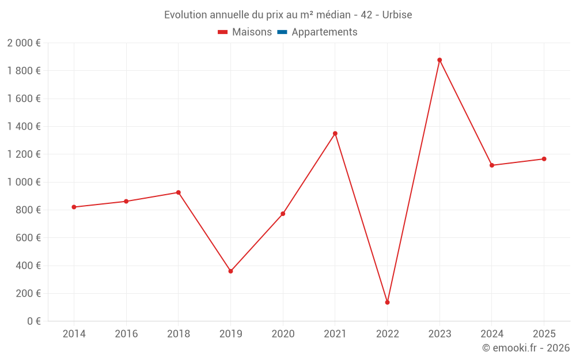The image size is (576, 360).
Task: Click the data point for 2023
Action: pos(439,60)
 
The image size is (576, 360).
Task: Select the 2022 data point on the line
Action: pos(387,302)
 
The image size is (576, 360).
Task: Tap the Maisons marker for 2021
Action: pos(335,134)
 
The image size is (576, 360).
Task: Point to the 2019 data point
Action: pos(230,271)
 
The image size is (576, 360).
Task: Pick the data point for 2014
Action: pos(74,207)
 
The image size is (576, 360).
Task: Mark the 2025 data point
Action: pos(544,159)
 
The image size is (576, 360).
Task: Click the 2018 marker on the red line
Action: pos(179,192)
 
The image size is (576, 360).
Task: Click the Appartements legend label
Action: pos(324,32)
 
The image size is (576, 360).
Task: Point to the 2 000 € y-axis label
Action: pos(24,43)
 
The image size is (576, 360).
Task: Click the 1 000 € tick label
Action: pos(24,182)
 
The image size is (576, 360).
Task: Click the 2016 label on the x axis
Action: pos(126,334)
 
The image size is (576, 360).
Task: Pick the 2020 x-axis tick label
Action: pos(283,334)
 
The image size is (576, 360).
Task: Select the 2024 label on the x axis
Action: pos(491,334)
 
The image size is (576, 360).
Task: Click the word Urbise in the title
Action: pos(397,15)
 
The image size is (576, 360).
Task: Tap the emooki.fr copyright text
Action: pos(526,348)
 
